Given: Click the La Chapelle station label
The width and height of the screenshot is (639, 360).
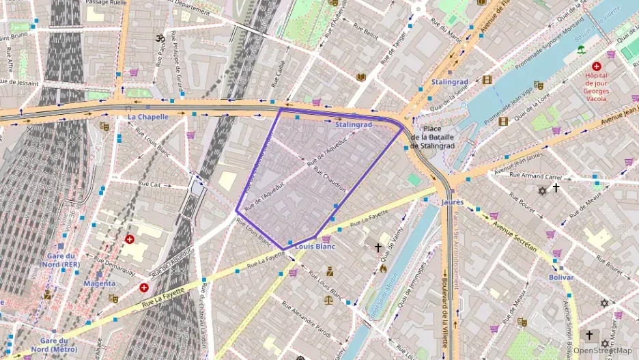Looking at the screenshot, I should click(147, 117).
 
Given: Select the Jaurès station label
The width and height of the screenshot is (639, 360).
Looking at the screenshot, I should click(452, 202).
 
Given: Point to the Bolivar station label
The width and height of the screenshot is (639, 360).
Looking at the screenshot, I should click(560, 277).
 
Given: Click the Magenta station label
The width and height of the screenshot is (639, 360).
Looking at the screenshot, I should click(99, 283).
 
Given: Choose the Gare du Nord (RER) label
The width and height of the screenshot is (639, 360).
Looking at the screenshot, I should click(59, 260).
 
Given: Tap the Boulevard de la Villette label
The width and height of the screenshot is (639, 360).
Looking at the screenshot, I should click(445, 318).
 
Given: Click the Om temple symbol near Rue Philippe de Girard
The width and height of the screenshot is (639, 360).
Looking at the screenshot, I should click(161, 38).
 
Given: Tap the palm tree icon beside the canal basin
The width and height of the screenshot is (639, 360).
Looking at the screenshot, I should click(581, 49).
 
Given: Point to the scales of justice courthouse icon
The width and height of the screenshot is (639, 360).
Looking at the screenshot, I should click(328, 300).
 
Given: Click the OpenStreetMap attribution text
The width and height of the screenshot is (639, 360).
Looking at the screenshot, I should click(602, 351).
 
